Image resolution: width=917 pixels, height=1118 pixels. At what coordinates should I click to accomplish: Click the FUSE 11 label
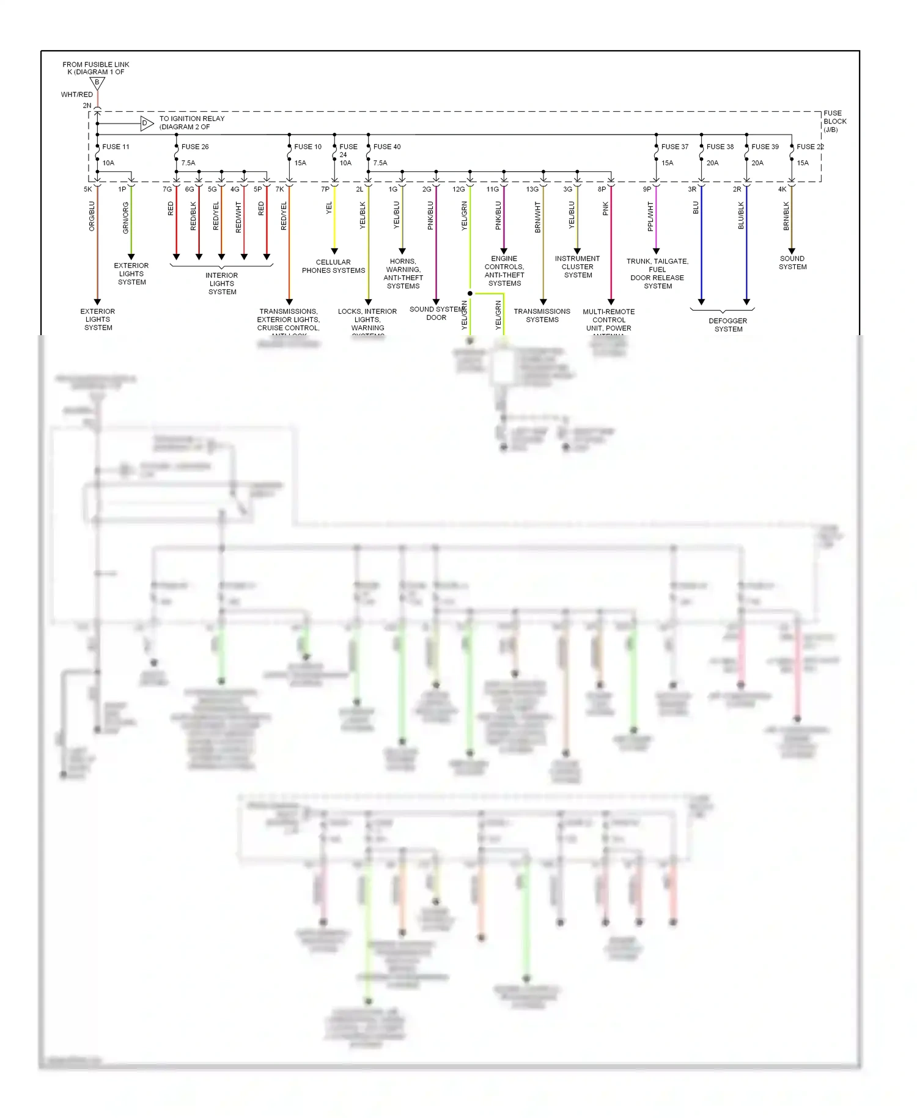(x=116, y=147)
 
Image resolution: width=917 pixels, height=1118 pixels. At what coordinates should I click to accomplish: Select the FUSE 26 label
(x=195, y=147)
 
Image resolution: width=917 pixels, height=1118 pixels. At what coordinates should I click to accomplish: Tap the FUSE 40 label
(x=387, y=147)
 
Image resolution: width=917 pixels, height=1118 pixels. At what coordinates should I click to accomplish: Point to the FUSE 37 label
(x=675, y=147)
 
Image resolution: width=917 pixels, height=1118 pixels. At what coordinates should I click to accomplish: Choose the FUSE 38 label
(x=720, y=147)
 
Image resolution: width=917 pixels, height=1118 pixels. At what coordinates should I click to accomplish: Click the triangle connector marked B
(x=97, y=83)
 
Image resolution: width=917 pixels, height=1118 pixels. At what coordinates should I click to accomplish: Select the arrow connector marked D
(x=146, y=124)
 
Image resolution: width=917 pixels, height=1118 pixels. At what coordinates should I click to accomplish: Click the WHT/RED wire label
(x=77, y=95)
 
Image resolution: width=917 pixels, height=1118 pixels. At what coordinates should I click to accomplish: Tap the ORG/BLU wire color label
(x=92, y=216)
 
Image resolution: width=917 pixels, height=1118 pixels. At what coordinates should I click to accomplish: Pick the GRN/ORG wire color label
(x=126, y=218)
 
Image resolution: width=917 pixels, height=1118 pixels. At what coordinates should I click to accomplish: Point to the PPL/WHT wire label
(x=650, y=217)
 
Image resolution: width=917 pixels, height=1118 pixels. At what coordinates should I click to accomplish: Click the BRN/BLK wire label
(x=786, y=216)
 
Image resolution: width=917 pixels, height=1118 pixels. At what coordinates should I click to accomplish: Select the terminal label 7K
(x=279, y=190)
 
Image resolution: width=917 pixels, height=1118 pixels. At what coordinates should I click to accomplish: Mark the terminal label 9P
(x=647, y=190)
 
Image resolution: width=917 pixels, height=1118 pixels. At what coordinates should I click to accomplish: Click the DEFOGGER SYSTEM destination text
(x=728, y=325)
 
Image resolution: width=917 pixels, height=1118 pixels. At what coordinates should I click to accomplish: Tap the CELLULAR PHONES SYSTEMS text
(x=333, y=266)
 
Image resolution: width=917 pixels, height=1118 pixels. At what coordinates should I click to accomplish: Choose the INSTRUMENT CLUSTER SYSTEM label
(x=578, y=267)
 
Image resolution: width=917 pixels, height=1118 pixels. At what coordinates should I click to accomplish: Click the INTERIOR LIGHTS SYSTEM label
(x=222, y=283)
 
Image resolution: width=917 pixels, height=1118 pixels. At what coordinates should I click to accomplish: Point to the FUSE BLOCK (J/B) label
(x=834, y=121)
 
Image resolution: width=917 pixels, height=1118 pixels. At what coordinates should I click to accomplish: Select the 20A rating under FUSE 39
(x=757, y=163)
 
